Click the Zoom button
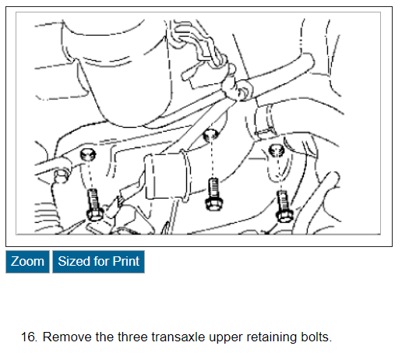27,262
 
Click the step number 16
29,337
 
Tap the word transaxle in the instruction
178,337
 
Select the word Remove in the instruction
68,337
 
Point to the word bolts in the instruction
316,337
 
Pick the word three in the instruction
132,337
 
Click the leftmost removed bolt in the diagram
94,205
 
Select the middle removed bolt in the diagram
213,195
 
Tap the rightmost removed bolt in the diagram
284,207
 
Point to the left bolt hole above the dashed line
88,154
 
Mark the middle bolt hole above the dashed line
211,135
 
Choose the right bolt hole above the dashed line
277,150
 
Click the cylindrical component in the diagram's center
167,176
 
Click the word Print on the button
125,262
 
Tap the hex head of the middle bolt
213,204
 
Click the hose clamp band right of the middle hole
266,119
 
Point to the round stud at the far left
62,176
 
